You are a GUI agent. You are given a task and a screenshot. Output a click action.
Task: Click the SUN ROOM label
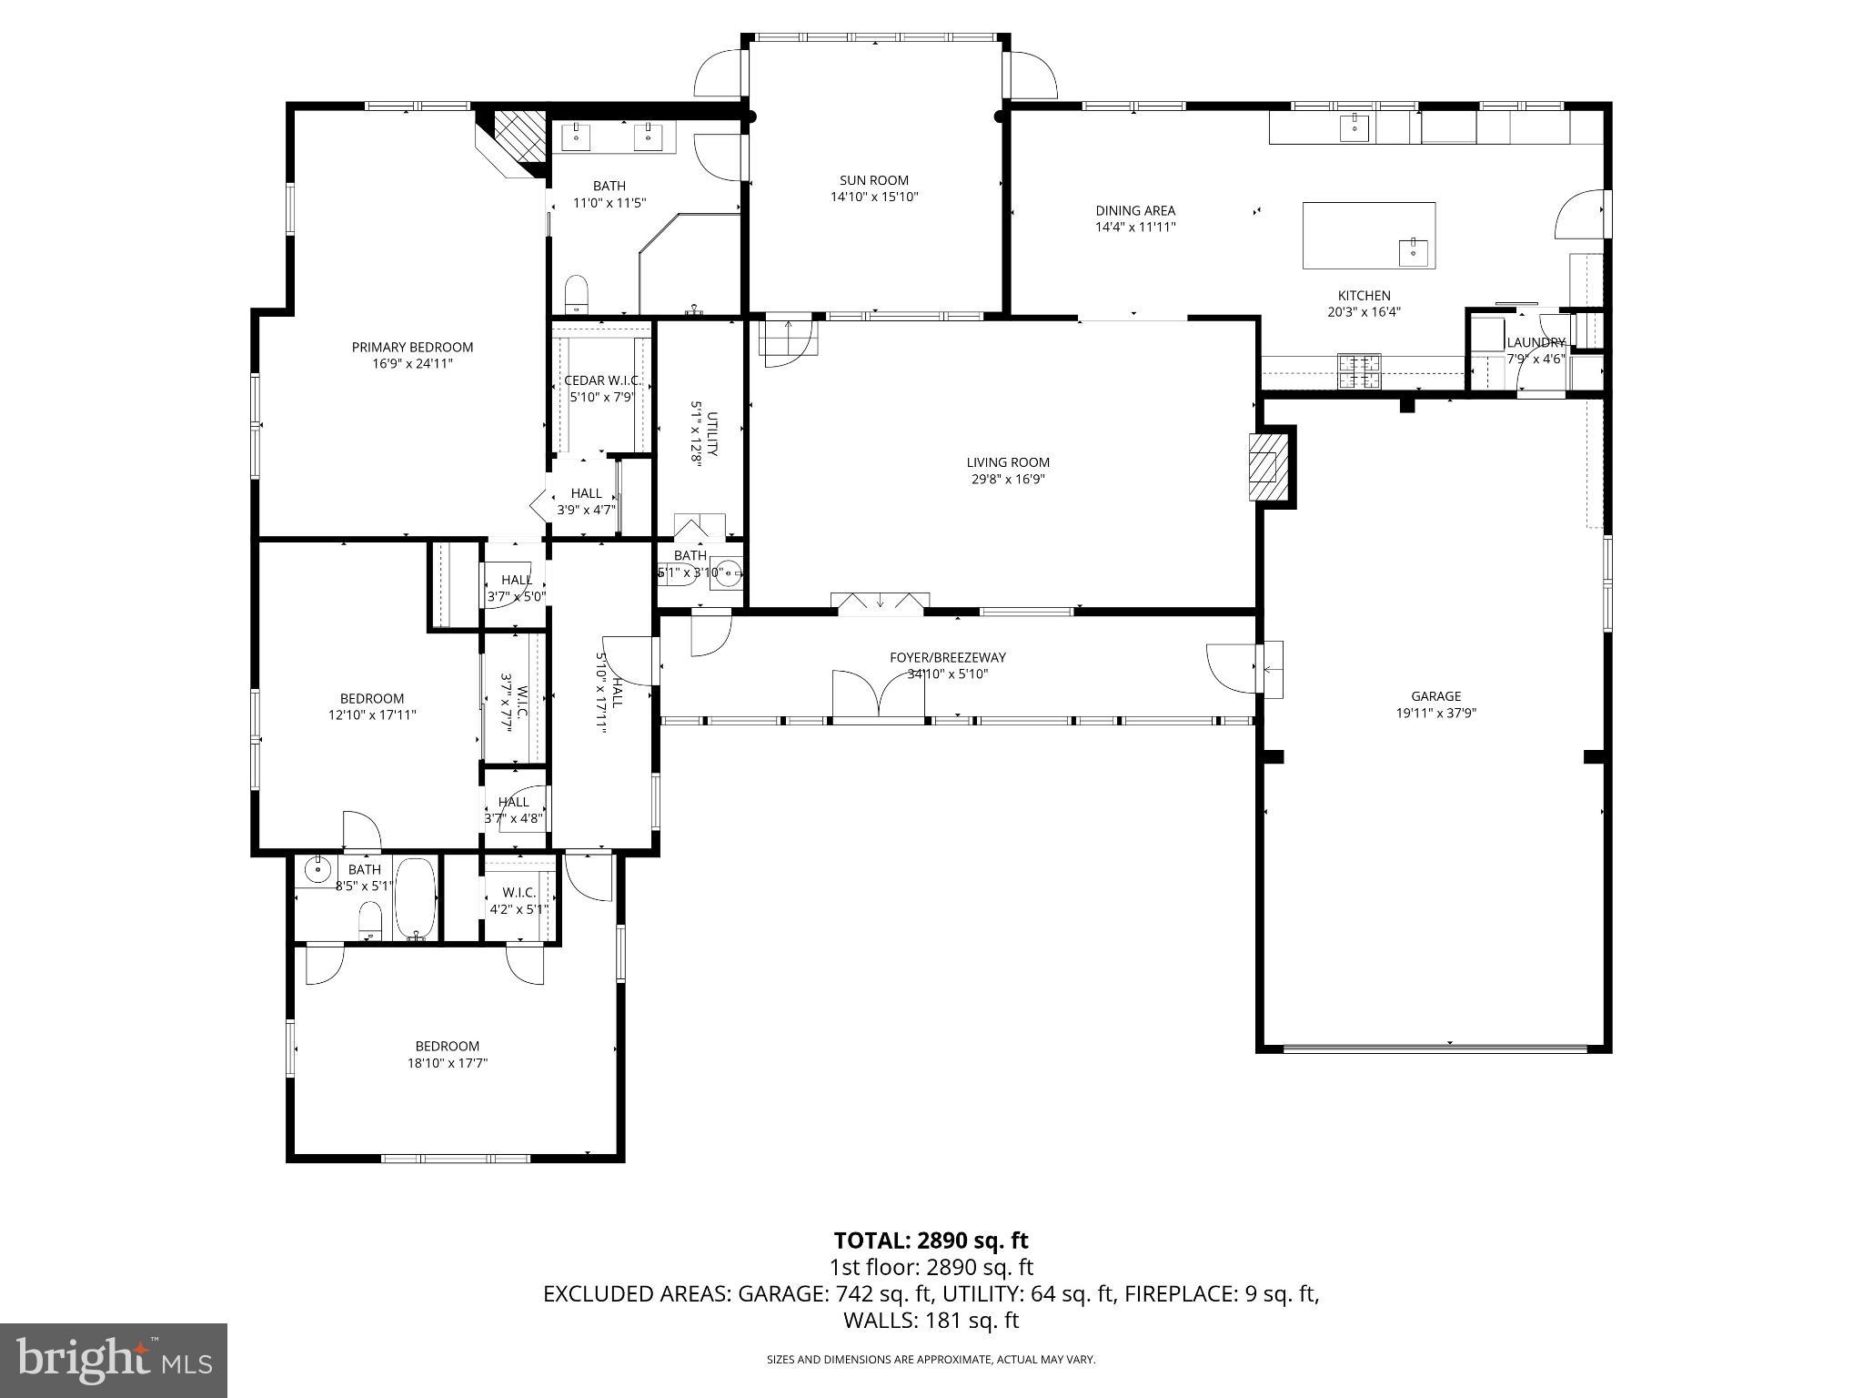click(873, 180)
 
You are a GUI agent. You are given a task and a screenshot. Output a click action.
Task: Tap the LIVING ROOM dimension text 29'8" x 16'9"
click(1007, 479)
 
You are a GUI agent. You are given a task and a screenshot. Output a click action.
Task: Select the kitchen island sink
click(1413, 249)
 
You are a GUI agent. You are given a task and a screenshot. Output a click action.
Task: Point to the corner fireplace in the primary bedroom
click(516, 140)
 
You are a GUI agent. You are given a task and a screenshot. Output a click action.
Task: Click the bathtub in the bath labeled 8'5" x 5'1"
click(416, 897)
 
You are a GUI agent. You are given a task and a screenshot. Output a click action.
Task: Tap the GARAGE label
click(1435, 696)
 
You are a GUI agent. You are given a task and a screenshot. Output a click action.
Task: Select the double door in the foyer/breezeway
click(878, 696)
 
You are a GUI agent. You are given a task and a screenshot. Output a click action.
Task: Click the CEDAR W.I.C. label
click(602, 380)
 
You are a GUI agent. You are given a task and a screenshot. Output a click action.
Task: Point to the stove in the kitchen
click(1358, 371)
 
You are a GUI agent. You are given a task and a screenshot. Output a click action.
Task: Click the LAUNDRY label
click(1536, 342)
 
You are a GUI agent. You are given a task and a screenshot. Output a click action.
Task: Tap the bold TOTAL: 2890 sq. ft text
click(931, 1240)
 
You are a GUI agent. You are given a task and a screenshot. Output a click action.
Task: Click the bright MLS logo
click(114, 1361)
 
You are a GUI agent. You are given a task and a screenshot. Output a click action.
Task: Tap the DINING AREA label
click(1134, 210)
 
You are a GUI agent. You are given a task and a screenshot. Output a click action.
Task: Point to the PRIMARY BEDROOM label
click(412, 347)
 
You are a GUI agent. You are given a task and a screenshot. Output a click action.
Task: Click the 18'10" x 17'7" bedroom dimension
click(447, 1062)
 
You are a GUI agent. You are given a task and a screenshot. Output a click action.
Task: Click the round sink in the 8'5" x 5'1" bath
click(317, 869)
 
